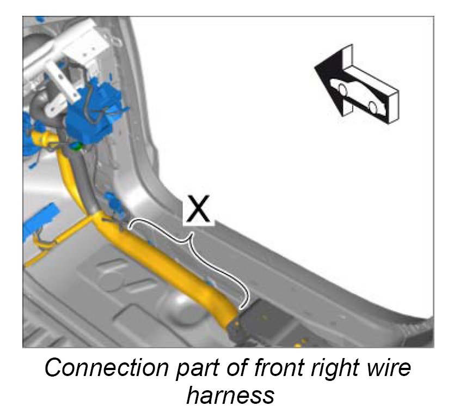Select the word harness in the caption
pos(230,395)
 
